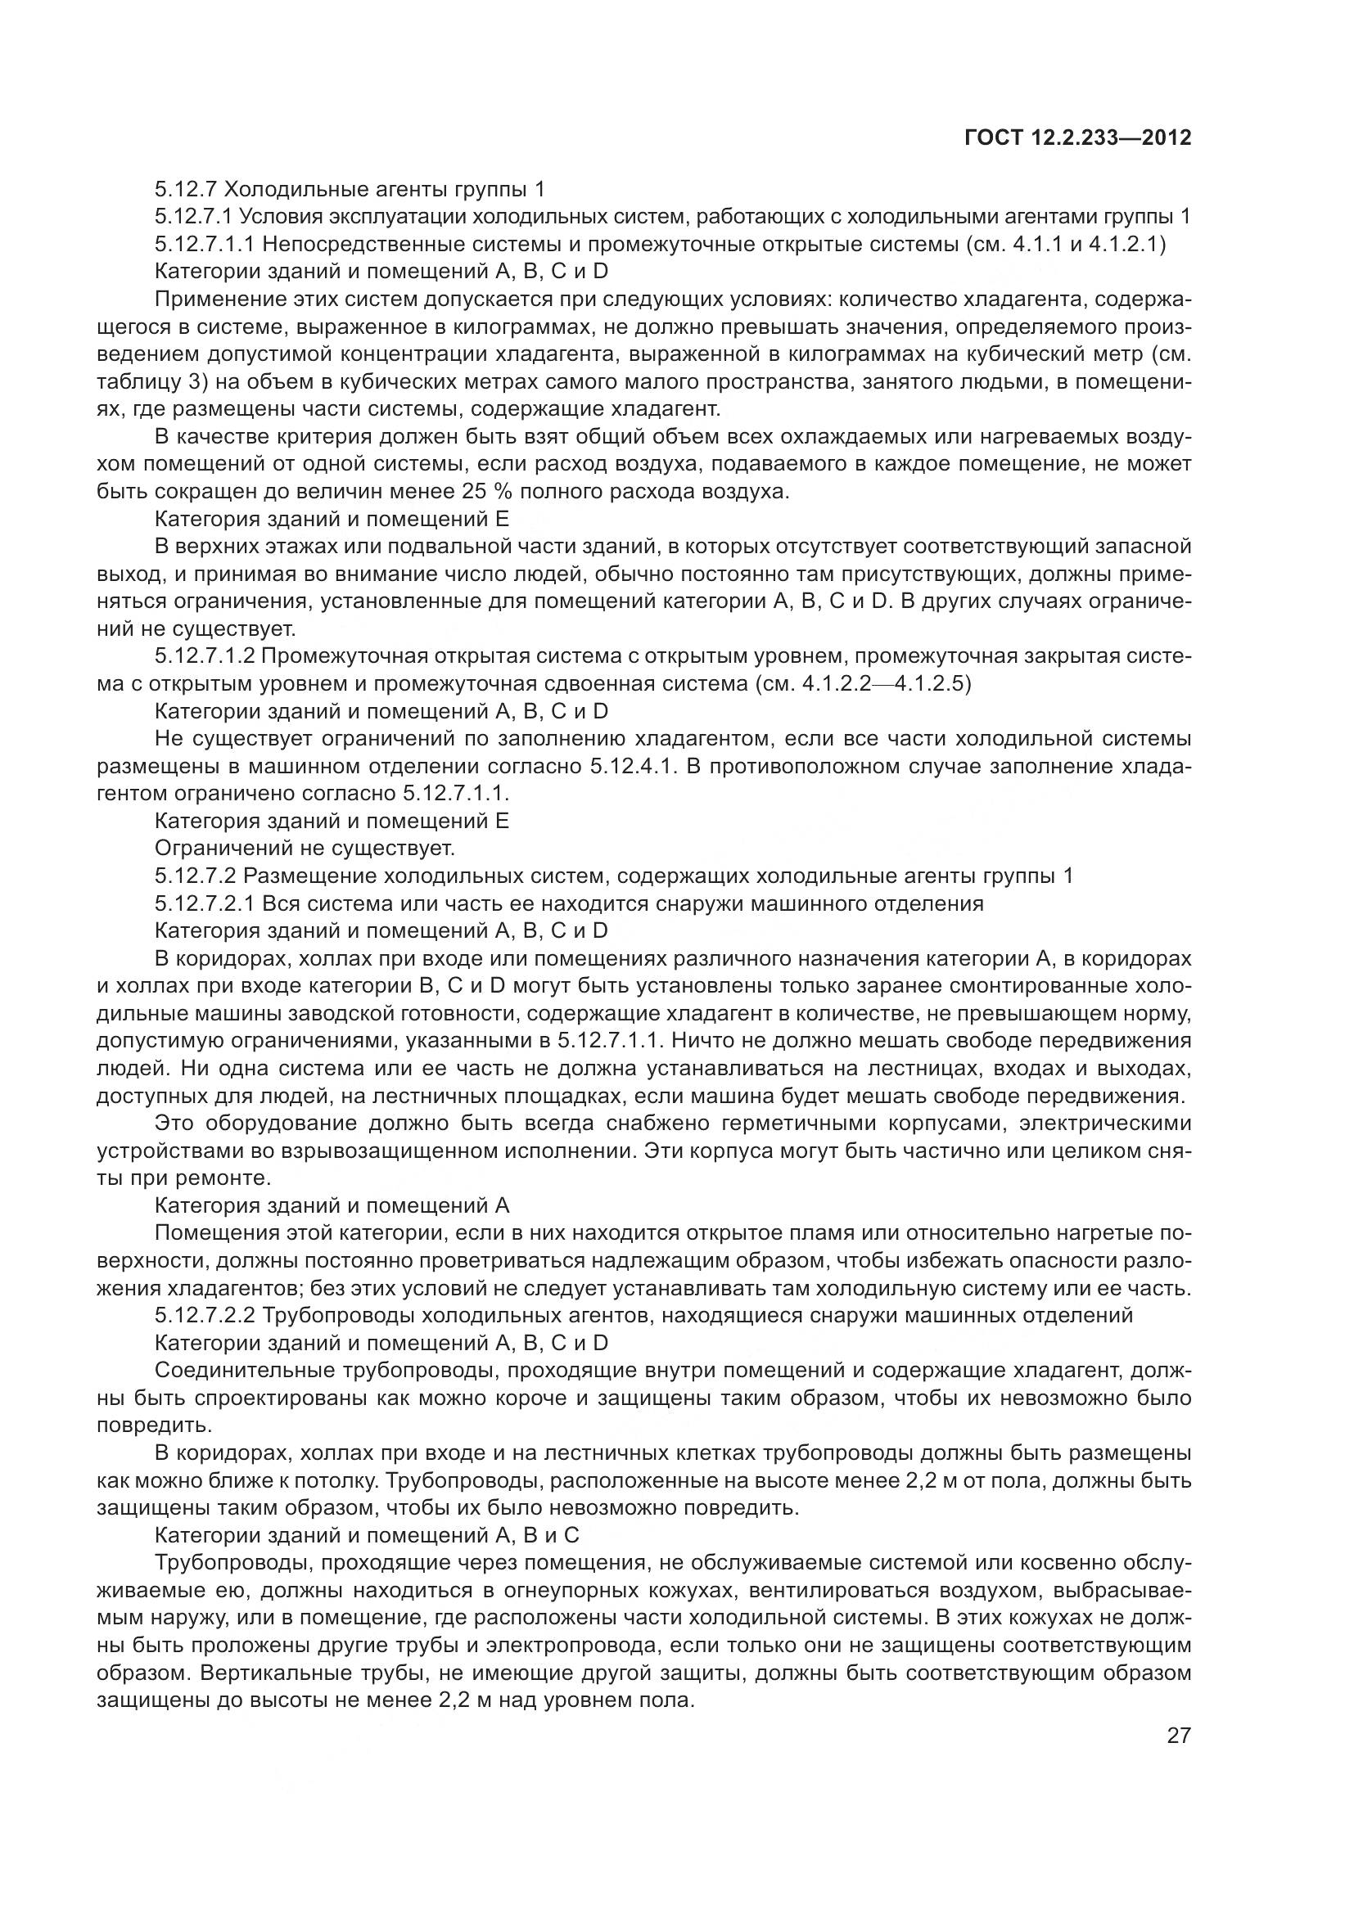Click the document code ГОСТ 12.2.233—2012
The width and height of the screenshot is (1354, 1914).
tap(1077, 137)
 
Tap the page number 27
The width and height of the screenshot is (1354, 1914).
tap(1178, 1736)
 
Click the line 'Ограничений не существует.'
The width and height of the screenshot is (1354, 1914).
tap(305, 848)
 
